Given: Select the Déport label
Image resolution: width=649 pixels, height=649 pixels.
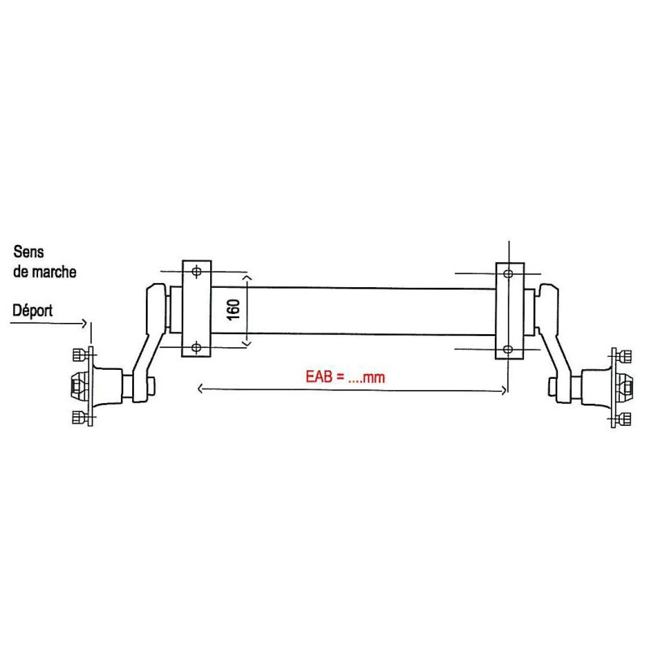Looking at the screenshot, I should (33, 309).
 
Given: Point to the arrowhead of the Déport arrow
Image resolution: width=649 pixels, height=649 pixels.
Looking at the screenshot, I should (84, 322).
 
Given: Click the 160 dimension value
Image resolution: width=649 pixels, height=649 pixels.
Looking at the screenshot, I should (234, 309).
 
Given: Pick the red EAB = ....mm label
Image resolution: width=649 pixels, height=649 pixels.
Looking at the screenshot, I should (345, 376).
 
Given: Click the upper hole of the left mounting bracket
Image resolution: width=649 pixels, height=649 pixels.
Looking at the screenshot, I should (196, 270).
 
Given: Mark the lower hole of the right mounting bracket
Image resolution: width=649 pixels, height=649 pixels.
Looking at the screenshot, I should (508, 349).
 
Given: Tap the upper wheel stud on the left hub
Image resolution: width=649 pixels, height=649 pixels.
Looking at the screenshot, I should (80, 355).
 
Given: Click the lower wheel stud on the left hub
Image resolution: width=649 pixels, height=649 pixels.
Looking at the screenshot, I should (80, 418).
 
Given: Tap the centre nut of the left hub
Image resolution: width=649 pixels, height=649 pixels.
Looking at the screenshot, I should (78, 386).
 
